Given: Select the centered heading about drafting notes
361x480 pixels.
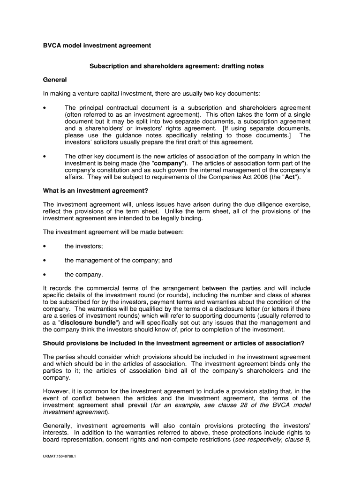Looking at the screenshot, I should (x=176, y=66).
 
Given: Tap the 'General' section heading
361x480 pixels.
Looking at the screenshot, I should (x=55, y=80).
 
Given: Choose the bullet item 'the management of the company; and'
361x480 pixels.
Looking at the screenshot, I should (x=118, y=260).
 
